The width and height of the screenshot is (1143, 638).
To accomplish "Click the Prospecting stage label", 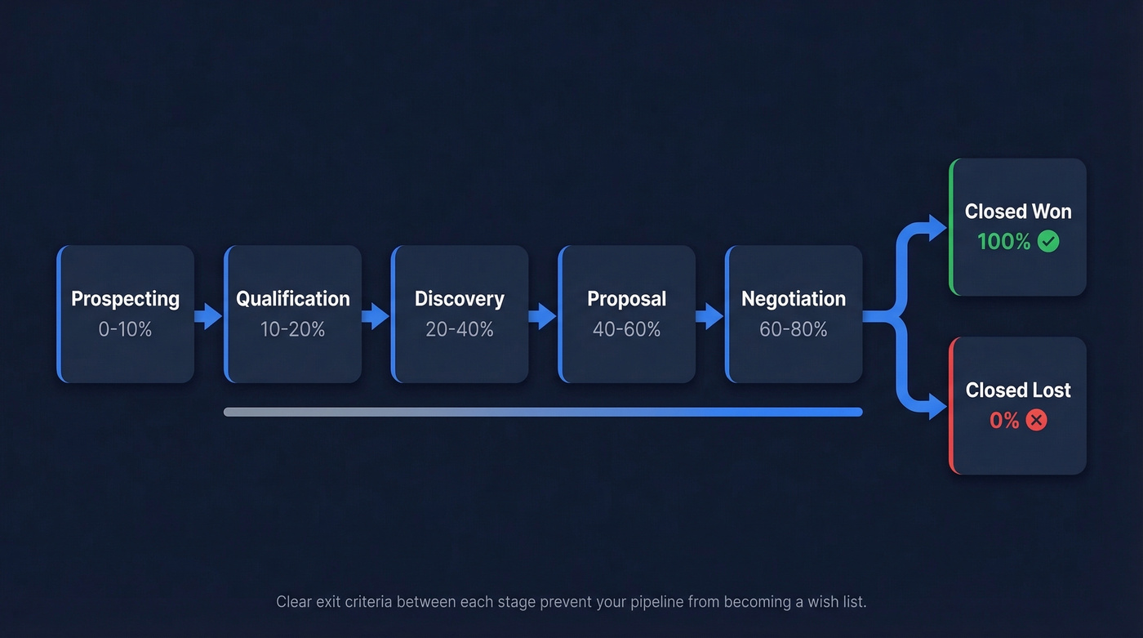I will (125, 299).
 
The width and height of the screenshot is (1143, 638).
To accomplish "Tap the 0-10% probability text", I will (125, 329).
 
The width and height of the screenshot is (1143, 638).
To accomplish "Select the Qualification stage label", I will (292, 299).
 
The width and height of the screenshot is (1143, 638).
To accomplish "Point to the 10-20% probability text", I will (292, 329).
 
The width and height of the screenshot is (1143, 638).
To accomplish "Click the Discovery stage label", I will (459, 299).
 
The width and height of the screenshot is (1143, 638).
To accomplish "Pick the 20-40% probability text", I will (459, 329).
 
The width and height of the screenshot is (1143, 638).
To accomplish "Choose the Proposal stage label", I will (626, 299).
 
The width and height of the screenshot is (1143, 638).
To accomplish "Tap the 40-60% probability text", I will (626, 329).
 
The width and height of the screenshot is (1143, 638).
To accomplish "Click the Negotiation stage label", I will (793, 299).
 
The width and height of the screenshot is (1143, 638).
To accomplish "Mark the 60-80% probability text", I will (793, 329).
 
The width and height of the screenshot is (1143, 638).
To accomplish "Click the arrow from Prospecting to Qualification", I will (209, 315).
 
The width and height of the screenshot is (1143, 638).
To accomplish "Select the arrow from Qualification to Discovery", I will (376, 315).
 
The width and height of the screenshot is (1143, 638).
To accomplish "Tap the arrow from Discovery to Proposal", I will (543, 315).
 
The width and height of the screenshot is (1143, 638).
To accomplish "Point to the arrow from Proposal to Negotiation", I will (709, 315).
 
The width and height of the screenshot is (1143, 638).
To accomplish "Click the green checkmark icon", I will (1048, 242).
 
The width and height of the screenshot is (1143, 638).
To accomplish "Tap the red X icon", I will (1036, 421).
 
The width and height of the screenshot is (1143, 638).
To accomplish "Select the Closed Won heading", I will (1017, 212).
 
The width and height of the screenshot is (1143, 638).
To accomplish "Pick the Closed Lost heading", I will (1017, 390).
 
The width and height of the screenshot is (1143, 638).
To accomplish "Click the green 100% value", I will (1003, 242).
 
